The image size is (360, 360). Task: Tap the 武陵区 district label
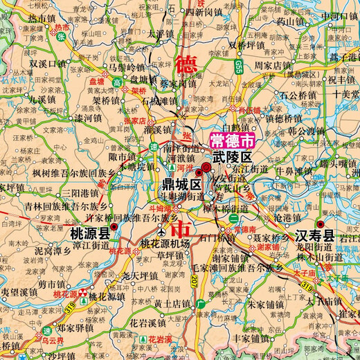(229, 158)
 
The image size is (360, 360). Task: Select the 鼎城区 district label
(181, 185)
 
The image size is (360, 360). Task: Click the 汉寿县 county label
(315, 235)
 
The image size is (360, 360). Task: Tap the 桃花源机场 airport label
(166, 243)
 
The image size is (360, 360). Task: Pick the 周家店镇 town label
(271, 65)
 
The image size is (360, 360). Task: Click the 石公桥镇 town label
(298, 94)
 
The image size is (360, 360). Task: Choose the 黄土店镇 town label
(172, 303)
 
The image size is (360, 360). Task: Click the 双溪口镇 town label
(48, 63)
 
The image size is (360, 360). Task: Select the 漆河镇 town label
(89, 118)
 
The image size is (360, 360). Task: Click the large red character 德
(185, 65)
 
